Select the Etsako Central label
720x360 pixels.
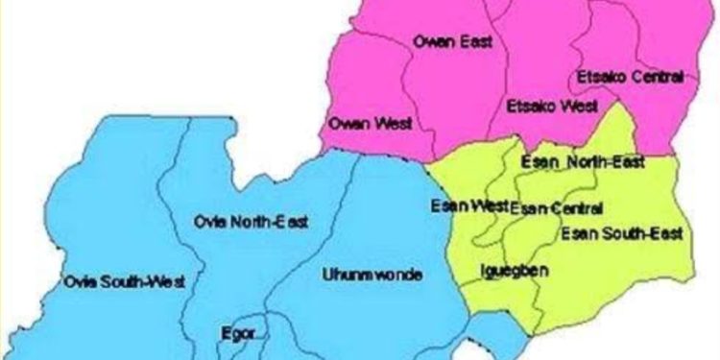[x=630, y=76]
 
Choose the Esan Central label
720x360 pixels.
[x=556, y=208]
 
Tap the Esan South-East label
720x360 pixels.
[x=621, y=233]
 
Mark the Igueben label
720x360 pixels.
[x=514, y=272]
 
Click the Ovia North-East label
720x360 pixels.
[x=251, y=223]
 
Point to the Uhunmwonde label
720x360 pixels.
[x=372, y=275]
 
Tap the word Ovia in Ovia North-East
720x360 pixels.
[x=209, y=223]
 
